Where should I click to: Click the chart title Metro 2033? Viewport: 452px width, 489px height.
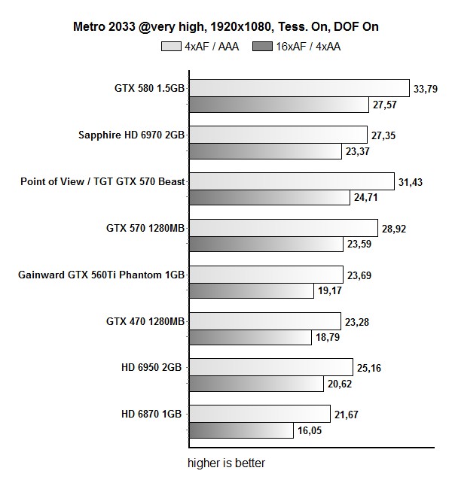(226, 27)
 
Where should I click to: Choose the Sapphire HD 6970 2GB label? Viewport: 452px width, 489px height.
(132, 135)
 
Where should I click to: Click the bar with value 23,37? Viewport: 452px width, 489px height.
(264, 151)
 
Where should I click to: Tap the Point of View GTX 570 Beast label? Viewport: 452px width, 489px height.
(102, 181)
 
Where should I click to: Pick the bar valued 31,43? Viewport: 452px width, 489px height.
(291, 181)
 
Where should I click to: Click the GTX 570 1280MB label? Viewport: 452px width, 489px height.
(146, 228)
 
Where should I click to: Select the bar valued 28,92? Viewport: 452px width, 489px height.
(282, 228)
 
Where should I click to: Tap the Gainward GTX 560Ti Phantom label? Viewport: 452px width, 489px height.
(101, 275)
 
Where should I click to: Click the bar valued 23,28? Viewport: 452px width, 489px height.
(264, 321)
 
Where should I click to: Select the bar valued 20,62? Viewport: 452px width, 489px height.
(255, 384)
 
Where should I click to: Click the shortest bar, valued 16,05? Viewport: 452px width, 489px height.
(240, 430)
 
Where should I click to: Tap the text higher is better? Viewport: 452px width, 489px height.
(226, 463)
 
